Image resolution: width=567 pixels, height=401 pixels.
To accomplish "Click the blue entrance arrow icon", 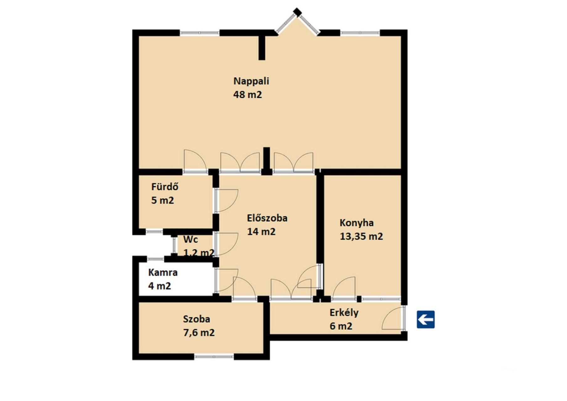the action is pyautogui.click(x=425, y=320).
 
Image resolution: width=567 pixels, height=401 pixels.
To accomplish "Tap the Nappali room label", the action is pyautogui.click(x=251, y=81).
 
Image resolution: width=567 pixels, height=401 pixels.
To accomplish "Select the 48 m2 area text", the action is pyautogui.click(x=247, y=95).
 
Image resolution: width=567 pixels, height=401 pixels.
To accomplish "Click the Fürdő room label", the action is pyautogui.click(x=165, y=187).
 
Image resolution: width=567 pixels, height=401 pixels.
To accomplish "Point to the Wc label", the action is pyautogui.click(x=191, y=239).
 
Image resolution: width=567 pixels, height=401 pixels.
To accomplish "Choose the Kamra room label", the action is pyautogui.click(x=163, y=273).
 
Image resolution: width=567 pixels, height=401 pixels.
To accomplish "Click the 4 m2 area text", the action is pyautogui.click(x=160, y=286).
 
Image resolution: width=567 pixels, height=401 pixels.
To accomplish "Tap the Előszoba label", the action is pyautogui.click(x=267, y=218).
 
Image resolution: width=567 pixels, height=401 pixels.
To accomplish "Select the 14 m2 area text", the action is pyautogui.click(x=261, y=232).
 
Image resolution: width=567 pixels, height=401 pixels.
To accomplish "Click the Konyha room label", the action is pyautogui.click(x=357, y=223).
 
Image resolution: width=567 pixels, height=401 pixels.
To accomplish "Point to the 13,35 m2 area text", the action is pyautogui.click(x=361, y=236).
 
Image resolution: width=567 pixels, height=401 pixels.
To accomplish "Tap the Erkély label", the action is pyautogui.click(x=344, y=312).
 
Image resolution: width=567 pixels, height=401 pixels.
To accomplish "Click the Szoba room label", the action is pyautogui.click(x=197, y=319).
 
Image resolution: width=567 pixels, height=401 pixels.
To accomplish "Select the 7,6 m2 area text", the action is pyautogui.click(x=199, y=332).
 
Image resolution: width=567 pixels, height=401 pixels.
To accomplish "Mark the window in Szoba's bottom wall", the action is pyautogui.click(x=214, y=357).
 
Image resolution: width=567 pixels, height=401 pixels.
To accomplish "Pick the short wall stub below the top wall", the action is pyautogui.click(x=262, y=48).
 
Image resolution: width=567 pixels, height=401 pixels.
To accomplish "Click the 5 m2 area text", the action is pyautogui.click(x=162, y=200).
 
